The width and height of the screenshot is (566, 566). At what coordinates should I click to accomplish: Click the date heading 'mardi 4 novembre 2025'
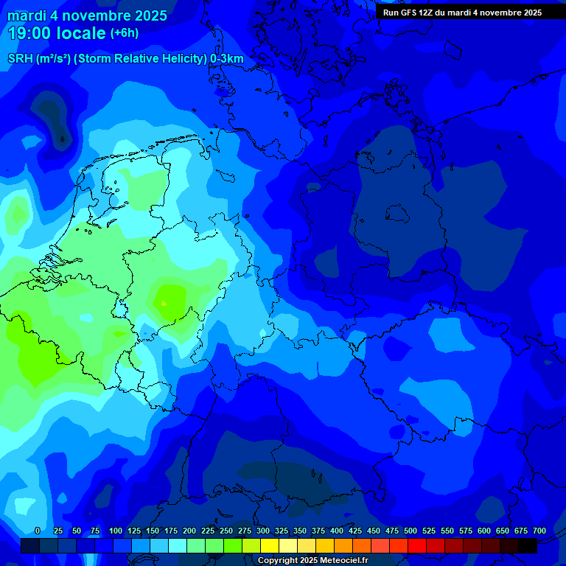point(87,15)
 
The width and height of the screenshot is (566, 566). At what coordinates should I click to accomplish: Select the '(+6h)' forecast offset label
point(124,33)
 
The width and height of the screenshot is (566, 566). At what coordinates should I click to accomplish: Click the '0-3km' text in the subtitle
point(227,59)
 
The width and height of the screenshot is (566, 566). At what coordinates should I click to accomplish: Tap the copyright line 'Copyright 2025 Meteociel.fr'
point(313,560)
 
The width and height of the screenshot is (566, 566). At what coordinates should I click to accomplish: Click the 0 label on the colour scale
point(38,531)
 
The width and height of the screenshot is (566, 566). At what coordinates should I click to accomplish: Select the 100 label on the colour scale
point(116,531)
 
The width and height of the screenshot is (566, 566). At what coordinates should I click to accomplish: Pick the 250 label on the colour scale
point(226,531)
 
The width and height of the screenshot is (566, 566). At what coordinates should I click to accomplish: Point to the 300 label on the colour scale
point(263,531)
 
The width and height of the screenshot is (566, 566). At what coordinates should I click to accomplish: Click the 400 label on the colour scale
point(337,531)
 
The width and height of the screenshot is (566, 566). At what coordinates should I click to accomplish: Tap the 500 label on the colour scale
point(410,531)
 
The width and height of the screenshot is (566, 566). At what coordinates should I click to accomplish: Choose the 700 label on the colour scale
point(539,531)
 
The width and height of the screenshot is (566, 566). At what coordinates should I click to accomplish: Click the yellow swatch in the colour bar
point(270,546)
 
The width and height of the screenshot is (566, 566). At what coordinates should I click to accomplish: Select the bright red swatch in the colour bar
point(417,546)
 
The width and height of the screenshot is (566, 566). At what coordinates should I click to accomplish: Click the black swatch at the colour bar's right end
point(528,546)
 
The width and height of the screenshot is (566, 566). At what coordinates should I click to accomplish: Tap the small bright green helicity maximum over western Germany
point(166,301)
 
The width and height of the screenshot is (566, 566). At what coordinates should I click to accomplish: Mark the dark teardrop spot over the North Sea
point(62,137)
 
